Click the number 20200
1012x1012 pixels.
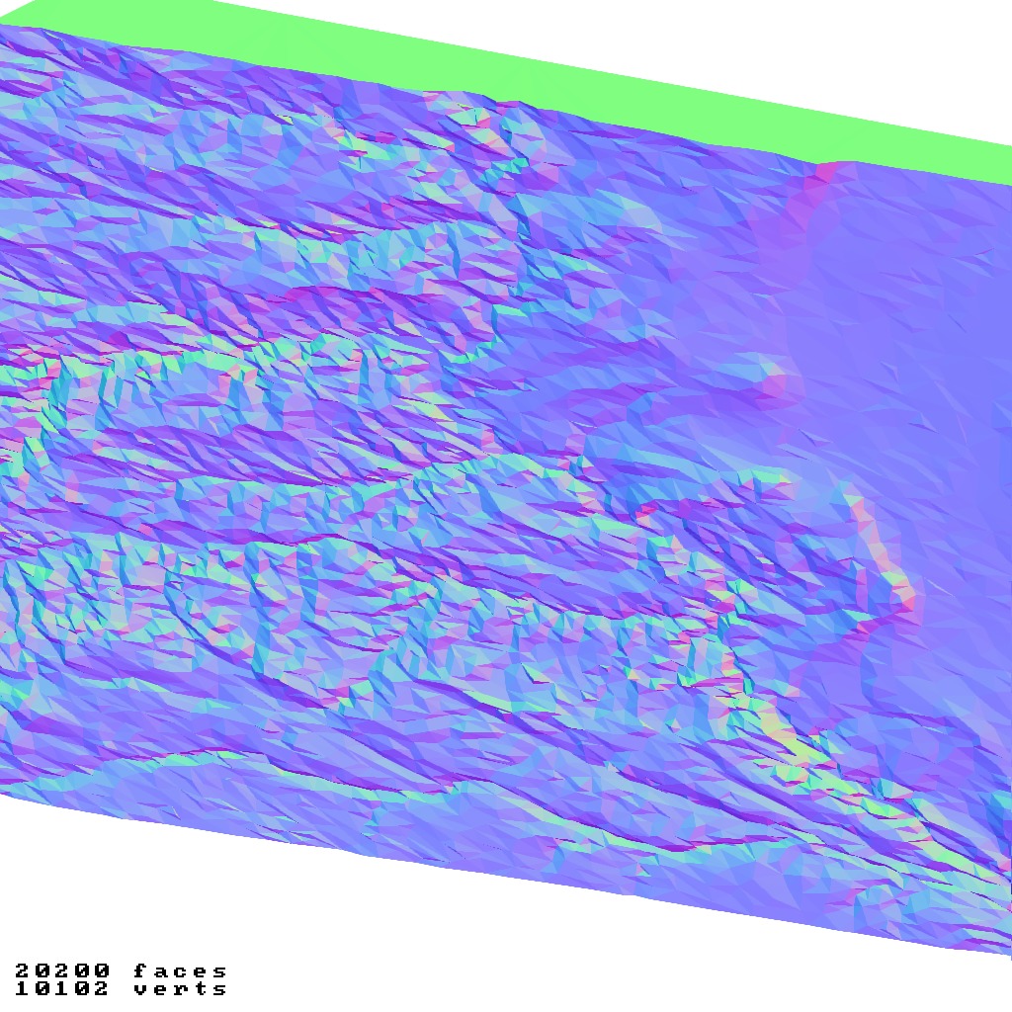click(x=62, y=971)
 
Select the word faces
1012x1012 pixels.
click(x=181, y=971)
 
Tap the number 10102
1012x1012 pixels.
click(x=62, y=988)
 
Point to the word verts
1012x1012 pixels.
click(x=181, y=988)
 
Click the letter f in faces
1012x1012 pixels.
click(x=140, y=971)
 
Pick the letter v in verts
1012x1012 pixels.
click(x=140, y=988)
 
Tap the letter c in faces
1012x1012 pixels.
click(x=181, y=971)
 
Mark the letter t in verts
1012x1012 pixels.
click(x=201, y=988)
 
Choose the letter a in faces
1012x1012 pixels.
click(x=160, y=971)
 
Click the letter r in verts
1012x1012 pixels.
click(x=181, y=988)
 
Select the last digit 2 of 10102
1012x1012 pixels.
click(x=102, y=988)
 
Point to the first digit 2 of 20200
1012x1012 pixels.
click(x=23, y=971)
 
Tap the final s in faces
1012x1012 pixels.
click(x=220, y=971)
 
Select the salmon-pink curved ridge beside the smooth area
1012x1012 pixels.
click(x=894, y=573)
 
